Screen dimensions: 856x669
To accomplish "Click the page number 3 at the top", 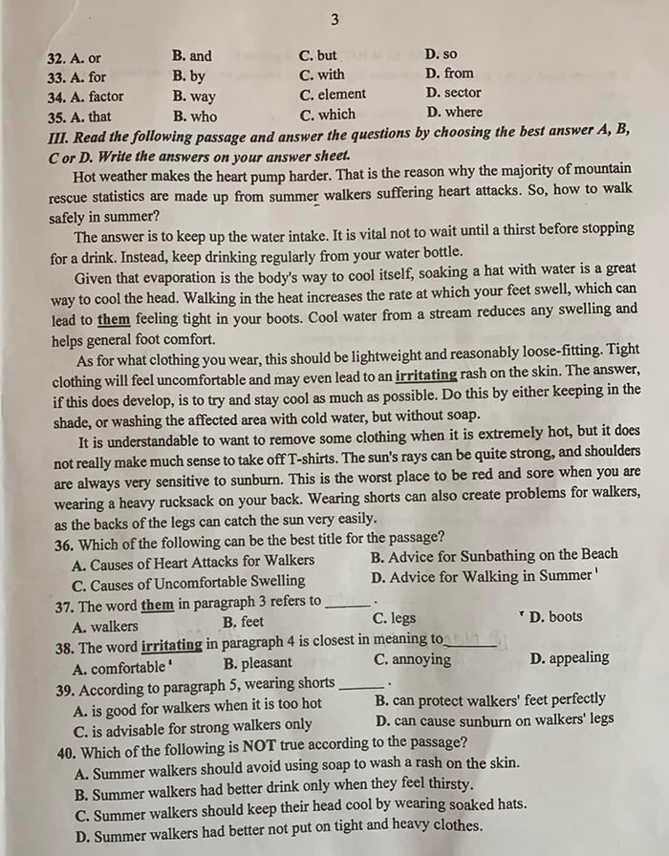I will pyautogui.click(x=334, y=19).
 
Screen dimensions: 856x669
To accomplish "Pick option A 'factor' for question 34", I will pyautogui.click(x=98, y=96).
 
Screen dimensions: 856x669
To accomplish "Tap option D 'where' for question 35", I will pyautogui.click(x=454, y=112).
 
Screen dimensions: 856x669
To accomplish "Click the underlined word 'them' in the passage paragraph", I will pyautogui.click(x=113, y=320).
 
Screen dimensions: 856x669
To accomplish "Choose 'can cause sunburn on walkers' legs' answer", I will pyautogui.click(x=495, y=719).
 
